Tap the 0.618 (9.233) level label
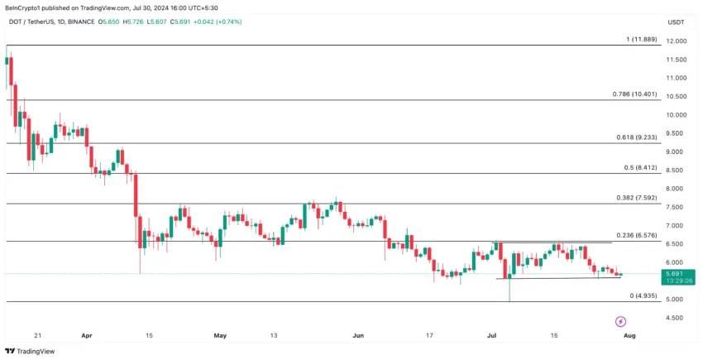(634, 137)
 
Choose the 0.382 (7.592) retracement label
(634, 198)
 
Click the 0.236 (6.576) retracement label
(634, 235)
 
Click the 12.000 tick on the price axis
(677, 41)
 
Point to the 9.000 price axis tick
(677, 151)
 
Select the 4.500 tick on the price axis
(677, 318)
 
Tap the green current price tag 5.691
(677, 273)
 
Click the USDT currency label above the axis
(677, 22)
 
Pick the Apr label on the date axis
(88, 335)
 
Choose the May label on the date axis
(219, 335)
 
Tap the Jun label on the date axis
(357, 335)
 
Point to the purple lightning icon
(620, 321)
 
